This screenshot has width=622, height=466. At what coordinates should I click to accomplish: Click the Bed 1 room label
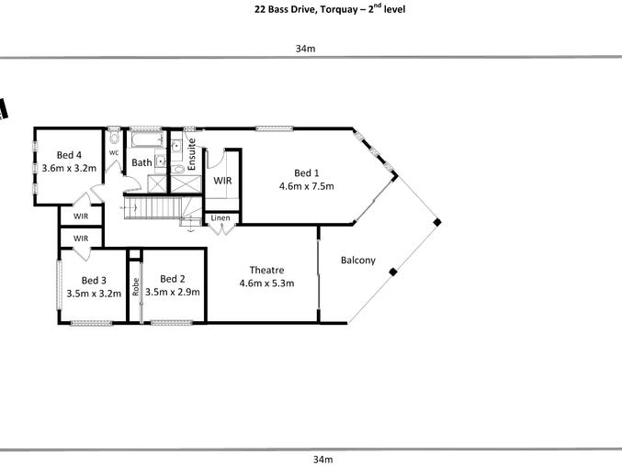coord(306,173)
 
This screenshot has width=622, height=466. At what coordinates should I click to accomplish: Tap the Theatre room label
coord(266,270)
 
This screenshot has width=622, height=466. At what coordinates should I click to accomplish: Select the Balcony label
coord(357,261)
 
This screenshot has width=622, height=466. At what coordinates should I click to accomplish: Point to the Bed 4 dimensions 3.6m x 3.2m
coord(69,168)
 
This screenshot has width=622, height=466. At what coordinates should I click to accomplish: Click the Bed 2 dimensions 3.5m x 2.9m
coord(172,293)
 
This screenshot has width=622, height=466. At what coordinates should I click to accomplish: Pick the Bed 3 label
coord(94,281)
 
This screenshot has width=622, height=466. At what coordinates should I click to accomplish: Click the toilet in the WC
coord(114,138)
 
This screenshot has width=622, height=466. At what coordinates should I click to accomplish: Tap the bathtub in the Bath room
coord(147,139)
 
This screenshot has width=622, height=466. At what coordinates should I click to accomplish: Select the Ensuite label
coord(191,154)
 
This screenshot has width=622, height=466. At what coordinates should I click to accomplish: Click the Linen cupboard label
coord(221,217)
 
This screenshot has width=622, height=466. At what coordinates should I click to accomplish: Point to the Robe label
coord(136,286)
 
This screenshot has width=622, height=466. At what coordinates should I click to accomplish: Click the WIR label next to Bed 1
coord(222,181)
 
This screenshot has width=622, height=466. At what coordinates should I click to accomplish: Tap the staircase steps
coord(153,208)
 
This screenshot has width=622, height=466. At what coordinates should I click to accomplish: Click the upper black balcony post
coord(436,222)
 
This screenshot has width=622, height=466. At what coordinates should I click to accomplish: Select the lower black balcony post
coord(392,272)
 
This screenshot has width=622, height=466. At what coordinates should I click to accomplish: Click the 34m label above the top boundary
coord(305,49)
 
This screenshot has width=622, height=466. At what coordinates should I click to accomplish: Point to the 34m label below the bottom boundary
coord(322,460)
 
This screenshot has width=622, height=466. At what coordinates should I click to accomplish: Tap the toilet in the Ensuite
coord(179,170)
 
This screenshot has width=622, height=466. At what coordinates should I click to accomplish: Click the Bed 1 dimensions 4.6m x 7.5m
coord(306,186)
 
